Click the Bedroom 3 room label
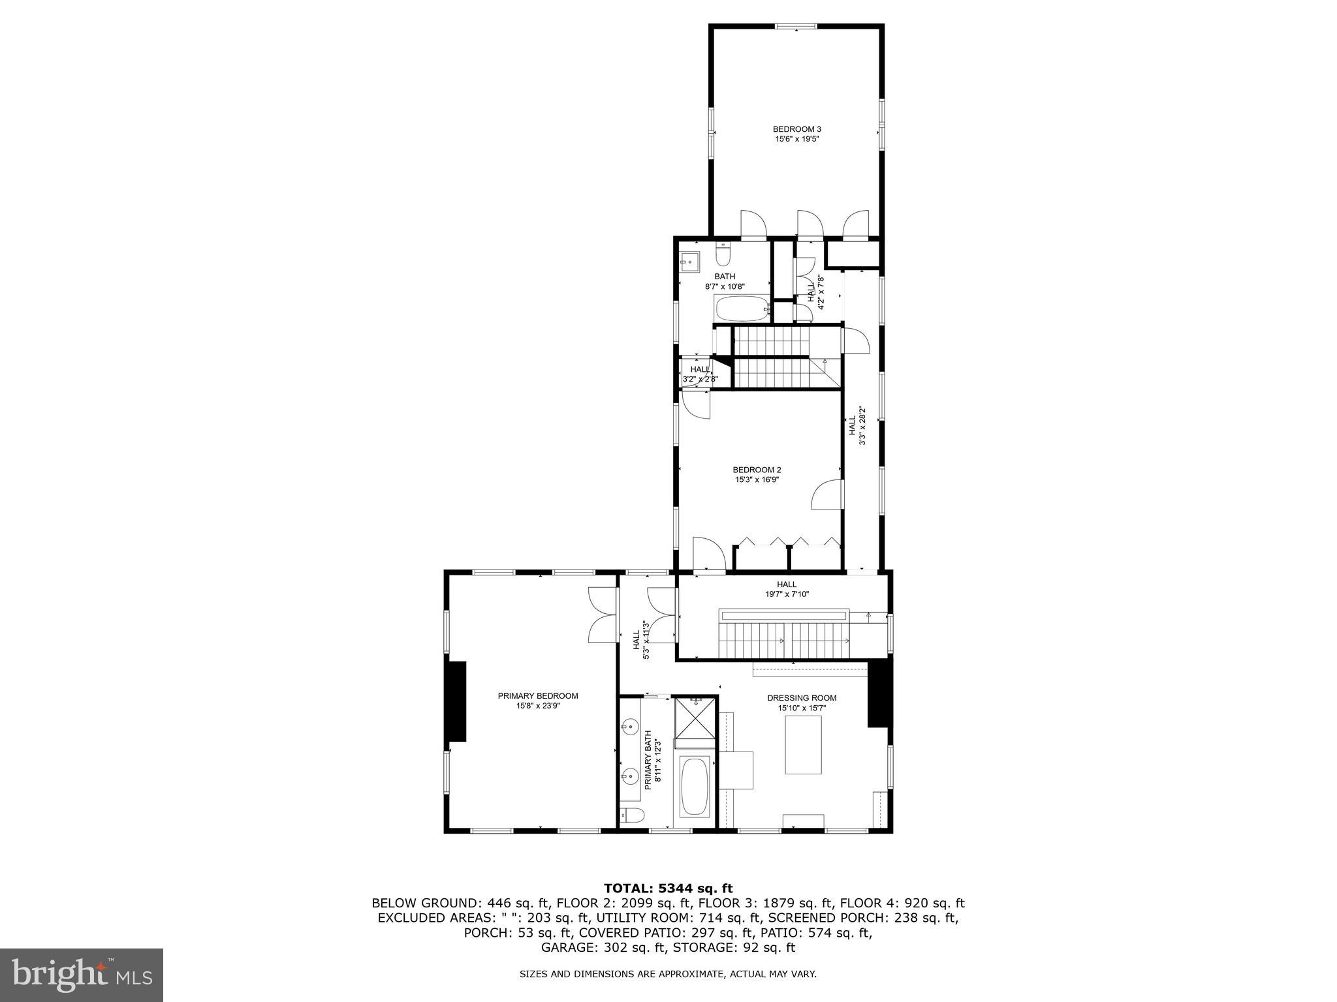coord(796,129)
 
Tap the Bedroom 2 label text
coord(757,470)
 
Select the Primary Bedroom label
coord(538,696)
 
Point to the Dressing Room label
coord(802,698)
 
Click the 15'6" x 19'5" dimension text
coord(796,139)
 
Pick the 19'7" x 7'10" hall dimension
coord(787,594)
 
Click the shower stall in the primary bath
coord(695,721)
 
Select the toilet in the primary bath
coord(632,814)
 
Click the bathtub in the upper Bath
coord(742,309)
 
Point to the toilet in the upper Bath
coord(723,253)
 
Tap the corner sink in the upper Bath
coord(688,262)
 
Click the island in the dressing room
coord(803,744)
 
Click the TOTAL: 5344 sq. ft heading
coord(668,888)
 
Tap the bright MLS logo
coord(82,975)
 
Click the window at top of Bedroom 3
coord(796,27)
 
